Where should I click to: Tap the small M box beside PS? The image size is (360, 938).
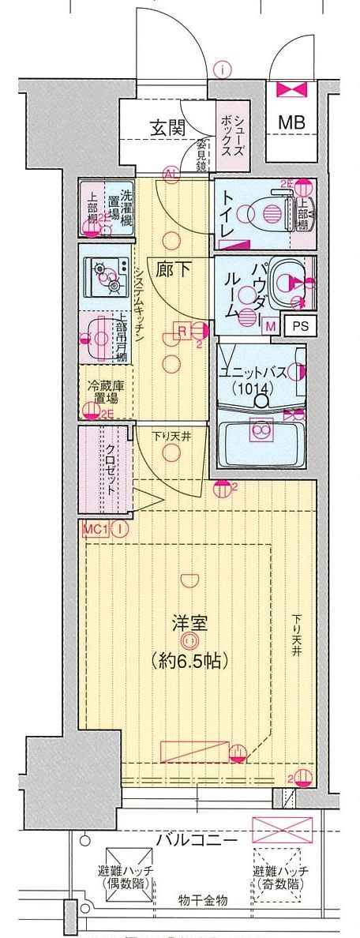271,325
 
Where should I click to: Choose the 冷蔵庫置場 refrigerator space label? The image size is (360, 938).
103,392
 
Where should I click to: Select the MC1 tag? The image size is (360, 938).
93,529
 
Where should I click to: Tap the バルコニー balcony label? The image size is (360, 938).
197,839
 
